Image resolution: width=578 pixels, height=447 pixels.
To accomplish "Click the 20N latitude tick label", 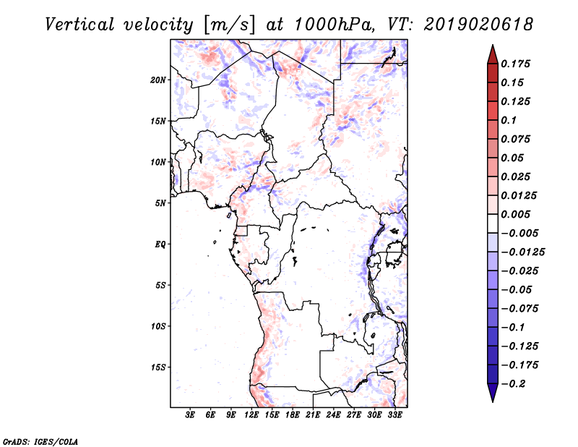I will [159, 80].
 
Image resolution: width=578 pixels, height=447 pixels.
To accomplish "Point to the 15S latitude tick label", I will [159, 367].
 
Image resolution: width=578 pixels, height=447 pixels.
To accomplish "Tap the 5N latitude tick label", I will [161, 203].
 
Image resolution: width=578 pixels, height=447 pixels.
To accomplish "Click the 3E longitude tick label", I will [191, 415].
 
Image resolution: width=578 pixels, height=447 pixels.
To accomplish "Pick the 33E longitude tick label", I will [394, 415].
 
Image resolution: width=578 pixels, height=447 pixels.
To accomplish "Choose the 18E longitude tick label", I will [293, 415].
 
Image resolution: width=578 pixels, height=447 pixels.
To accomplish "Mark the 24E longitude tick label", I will [333, 415].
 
